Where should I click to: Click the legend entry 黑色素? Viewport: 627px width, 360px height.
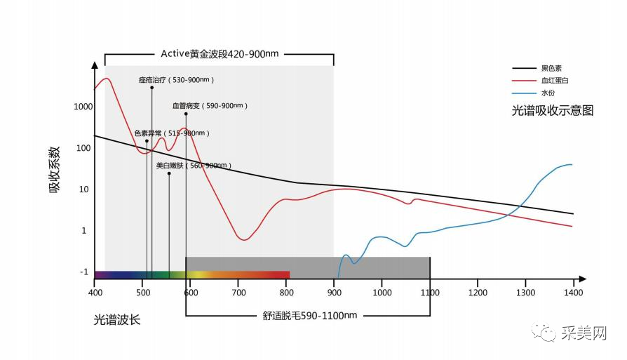point(550,69)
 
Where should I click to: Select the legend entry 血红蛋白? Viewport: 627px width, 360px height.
point(554,81)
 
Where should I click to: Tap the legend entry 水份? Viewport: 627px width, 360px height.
point(547,93)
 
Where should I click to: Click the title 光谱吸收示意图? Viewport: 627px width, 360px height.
point(553,111)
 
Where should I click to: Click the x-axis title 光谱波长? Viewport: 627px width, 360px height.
point(117,320)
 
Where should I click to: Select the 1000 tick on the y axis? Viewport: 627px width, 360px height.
point(83,107)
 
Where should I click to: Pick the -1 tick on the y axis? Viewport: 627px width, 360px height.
point(83,272)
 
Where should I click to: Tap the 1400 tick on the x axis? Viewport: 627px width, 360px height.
point(573,291)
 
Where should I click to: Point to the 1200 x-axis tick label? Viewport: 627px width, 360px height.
point(478,291)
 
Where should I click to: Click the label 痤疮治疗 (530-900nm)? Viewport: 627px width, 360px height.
point(175,80)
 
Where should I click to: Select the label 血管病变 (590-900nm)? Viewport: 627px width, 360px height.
point(210,106)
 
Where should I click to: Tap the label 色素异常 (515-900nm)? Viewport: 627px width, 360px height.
point(172,133)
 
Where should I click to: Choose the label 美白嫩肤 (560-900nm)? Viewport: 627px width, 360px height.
point(194,166)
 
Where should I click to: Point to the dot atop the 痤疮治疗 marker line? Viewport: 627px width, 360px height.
point(151,88)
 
